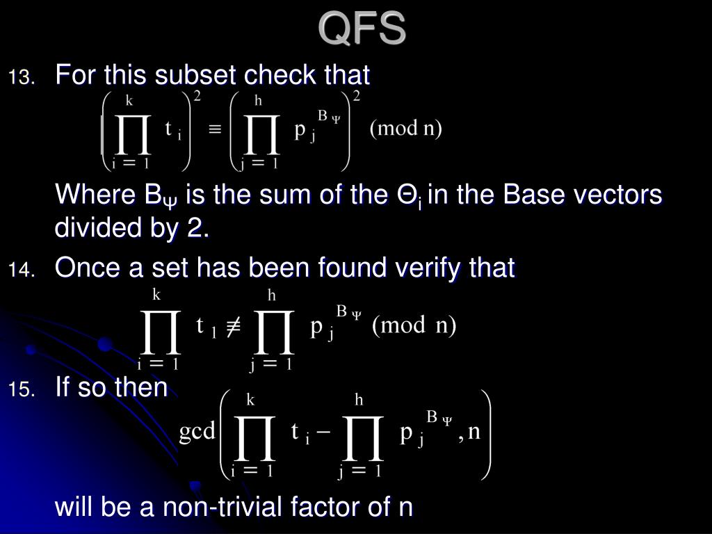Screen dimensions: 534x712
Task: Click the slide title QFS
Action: coord(362,29)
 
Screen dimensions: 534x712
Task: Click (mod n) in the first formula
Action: coord(405,129)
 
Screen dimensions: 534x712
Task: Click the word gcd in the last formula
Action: coord(197,432)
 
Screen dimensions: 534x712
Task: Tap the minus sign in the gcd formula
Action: coord(324,432)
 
